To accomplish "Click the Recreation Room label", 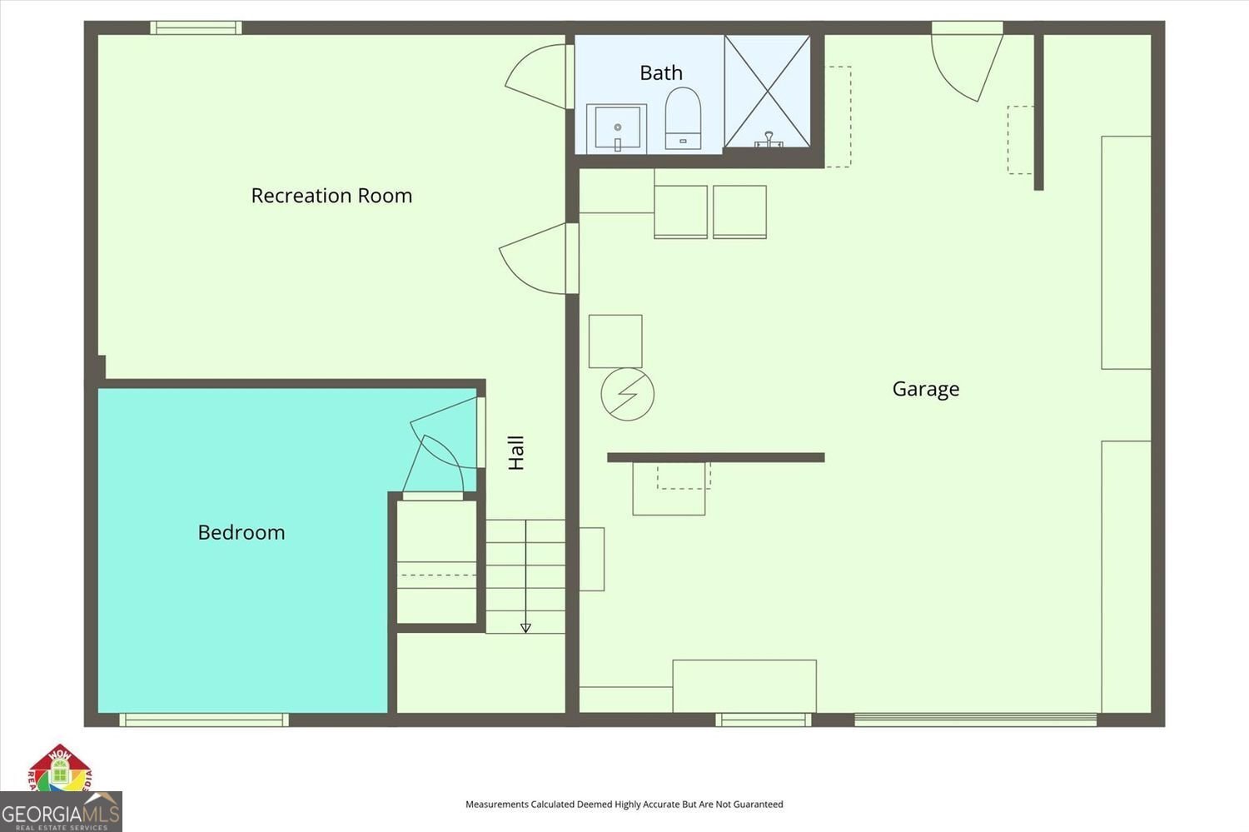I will pyautogui.click(x=331, y=196).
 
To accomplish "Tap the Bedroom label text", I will pyautogui.click(x=241, y=532).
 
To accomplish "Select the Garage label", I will pyautogui.click(x=925, y=389).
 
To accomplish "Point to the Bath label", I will pyautogui.click(x=661, y=73).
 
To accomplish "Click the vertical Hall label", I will pyautogui.click(x=516, y=452).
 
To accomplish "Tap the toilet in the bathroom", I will pyautogui.click(x=683, y=119).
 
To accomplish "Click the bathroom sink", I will pyautogui.click(x=617, y=128).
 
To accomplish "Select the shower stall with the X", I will pyautogui.click(x=767, y=91).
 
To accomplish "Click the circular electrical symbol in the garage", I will pyautogui.click(x=627, y=394).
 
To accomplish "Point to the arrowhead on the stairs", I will pyautogui.click(x=525, y=627).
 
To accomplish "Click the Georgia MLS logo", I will pyautogui.click(x=61, y=812).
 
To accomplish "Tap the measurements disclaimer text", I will pyautogui.click(x=624, y=805).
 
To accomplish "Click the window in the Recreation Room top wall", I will pyautogui.click(x=197, y=27).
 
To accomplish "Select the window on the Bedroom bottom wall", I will pyautogui.click(x=204, y=720).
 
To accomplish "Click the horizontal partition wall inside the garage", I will pyautogui.click(x=715, y=457).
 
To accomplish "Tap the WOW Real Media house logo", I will pyautogui.click(x=60, y=768).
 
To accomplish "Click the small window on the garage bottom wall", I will pyautogui.click(x=763, y=720).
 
